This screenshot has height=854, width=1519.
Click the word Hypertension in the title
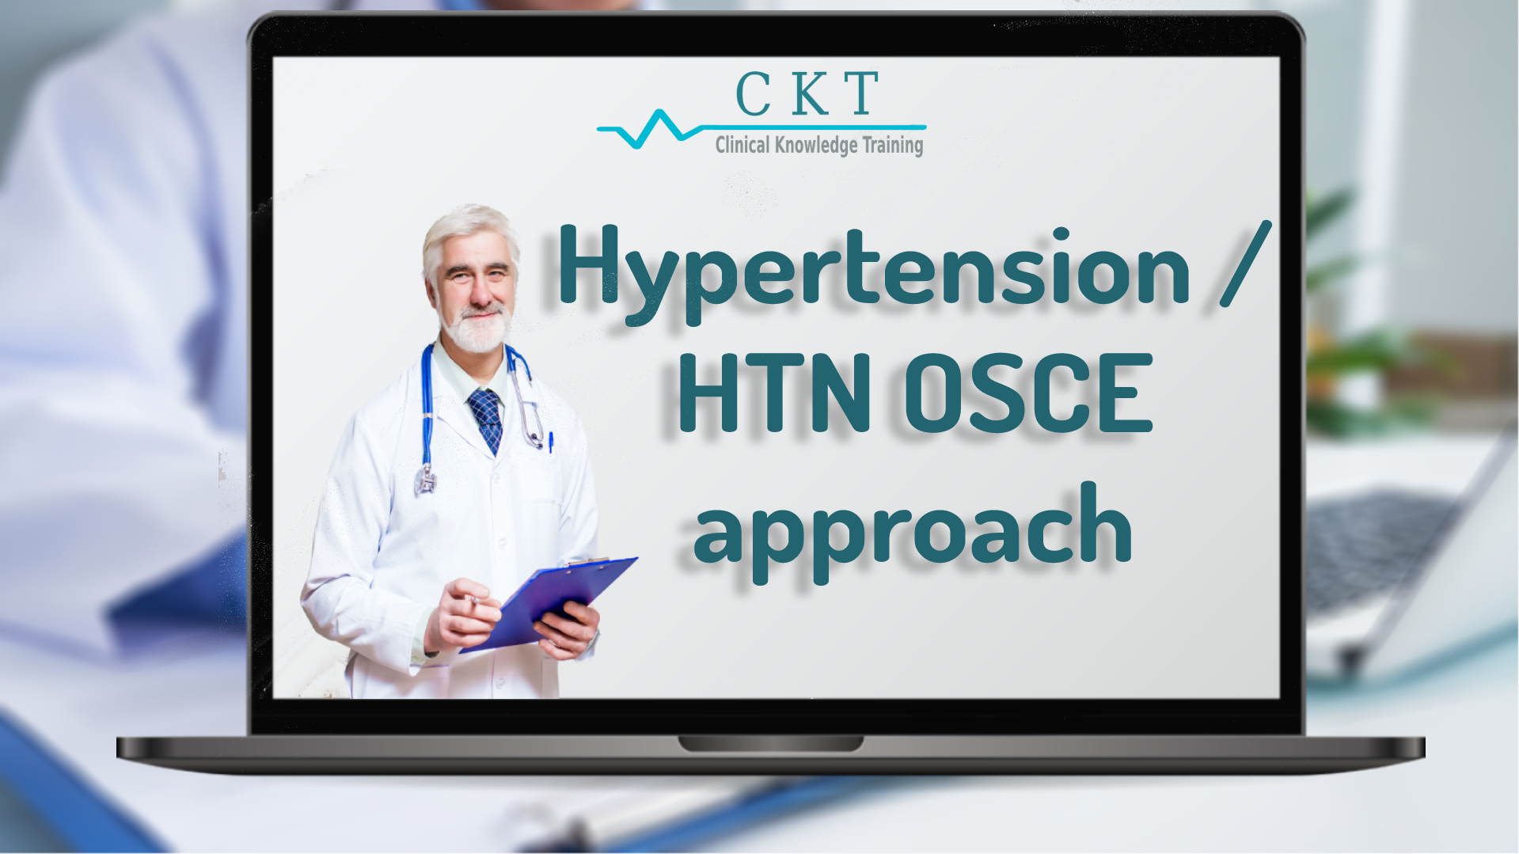point(874,273)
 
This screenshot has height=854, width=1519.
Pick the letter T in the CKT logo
point(861,93)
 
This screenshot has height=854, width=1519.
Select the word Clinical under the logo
point(742,145)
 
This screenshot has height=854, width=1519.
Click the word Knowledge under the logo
point(816,146)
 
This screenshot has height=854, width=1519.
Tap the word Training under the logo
point(893,146)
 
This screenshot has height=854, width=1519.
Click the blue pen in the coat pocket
point(550,441)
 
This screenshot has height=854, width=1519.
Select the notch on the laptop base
point(770,744)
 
